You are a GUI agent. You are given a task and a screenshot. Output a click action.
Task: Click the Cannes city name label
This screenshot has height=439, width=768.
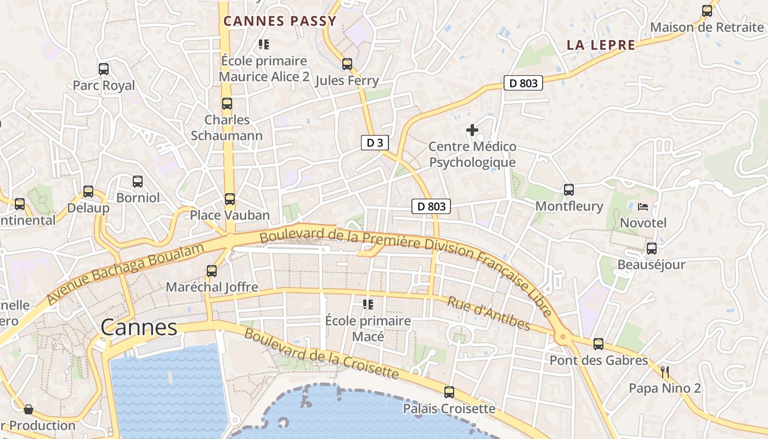click(x=139, y=328)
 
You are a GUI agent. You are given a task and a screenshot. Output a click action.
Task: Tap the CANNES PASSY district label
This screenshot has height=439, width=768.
click(x=280, y=21)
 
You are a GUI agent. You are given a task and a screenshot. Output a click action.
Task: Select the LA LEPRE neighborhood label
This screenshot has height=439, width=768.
click(x=601, y=45)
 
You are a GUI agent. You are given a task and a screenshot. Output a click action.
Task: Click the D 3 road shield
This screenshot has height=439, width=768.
click(x=375, y=143)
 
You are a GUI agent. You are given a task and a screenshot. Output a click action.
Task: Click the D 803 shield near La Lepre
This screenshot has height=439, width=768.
click(x=523, y=83)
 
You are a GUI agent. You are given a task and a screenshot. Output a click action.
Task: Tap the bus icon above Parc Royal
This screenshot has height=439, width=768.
click(x=104, y=69)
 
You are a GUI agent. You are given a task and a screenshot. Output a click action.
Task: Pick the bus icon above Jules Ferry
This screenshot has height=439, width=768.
click(x=347, y=64)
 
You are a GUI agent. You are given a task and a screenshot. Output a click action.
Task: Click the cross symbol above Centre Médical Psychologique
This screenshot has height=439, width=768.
click(x=472, y=130)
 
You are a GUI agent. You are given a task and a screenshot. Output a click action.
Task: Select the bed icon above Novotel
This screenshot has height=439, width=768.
click(x=643, y=207)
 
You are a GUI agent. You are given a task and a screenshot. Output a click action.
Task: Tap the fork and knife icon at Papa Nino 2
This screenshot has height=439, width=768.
click(x=665, y=372)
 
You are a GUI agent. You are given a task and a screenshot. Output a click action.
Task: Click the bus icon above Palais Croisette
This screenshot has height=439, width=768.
click(x=449, y=392)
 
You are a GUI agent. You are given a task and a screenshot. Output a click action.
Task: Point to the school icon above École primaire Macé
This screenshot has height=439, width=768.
click(x=368, y=304)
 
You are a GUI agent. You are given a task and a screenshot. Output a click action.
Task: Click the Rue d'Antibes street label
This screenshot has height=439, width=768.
click(x=489, y=314)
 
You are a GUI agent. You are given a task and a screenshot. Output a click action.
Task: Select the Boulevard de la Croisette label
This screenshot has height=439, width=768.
click(x=321, y=354)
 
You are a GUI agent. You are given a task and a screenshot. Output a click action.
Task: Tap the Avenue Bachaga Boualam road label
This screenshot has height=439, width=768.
click(x=125, y=273)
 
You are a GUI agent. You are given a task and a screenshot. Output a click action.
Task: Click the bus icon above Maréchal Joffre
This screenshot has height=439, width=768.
click(x=212, y=271)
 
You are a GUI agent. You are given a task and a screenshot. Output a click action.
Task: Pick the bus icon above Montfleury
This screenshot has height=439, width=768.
click(x=569, y=190)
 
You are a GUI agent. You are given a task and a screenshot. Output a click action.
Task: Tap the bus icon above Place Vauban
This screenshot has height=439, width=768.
click(x=230, y=199)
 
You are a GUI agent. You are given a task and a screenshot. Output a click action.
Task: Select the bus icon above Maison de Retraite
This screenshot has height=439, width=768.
click(x=707, y=11)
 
